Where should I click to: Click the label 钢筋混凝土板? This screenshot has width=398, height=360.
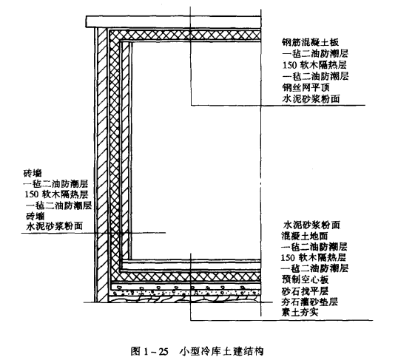point(311,42)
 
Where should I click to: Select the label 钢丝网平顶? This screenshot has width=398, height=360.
point(306,87)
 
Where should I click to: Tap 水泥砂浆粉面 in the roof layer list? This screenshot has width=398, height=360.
point(311,99)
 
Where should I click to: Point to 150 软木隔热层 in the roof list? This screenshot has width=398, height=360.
point(314,65)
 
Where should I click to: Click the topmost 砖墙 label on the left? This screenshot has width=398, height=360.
point(33,174)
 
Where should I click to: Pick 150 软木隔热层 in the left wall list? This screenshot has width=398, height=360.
point(56,194)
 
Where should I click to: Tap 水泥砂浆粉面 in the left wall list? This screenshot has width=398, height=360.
point(55,225)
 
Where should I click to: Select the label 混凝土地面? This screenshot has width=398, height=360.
point(304,236)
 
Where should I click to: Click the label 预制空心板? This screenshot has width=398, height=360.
point(305,279)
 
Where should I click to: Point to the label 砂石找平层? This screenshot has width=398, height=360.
point(305,291)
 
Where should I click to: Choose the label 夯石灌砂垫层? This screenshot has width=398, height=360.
point(310,302)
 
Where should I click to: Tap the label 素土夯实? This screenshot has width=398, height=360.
point(300,312)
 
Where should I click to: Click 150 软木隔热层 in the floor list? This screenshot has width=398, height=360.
point(314,258)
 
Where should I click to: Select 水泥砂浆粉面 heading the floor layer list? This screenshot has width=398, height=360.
point(311,225)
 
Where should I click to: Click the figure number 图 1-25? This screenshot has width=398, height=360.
point(149,351)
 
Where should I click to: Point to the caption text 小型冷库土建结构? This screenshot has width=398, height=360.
point(222,351)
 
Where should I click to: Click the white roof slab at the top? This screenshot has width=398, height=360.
point(173,22)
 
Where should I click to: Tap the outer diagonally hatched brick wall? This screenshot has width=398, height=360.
point(103,165)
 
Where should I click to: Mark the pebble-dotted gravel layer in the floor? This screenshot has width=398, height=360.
point(186,289)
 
